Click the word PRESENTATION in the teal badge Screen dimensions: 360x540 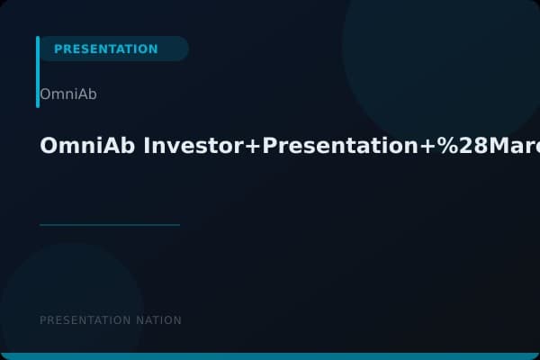click(x=105, y=49)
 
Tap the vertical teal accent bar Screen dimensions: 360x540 click(x=38, y=72)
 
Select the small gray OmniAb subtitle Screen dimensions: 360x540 click(x=68, y=94)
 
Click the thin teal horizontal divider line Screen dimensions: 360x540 click(x=110, y=225)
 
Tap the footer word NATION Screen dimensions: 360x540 click(x=157, y=320)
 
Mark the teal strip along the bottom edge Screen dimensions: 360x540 click(x=270, y=356)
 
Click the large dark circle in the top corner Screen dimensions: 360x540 click(x=441, y=45)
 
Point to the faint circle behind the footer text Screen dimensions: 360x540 click(x=72, y=297)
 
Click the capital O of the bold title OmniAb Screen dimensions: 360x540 click(x=48, y=146)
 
